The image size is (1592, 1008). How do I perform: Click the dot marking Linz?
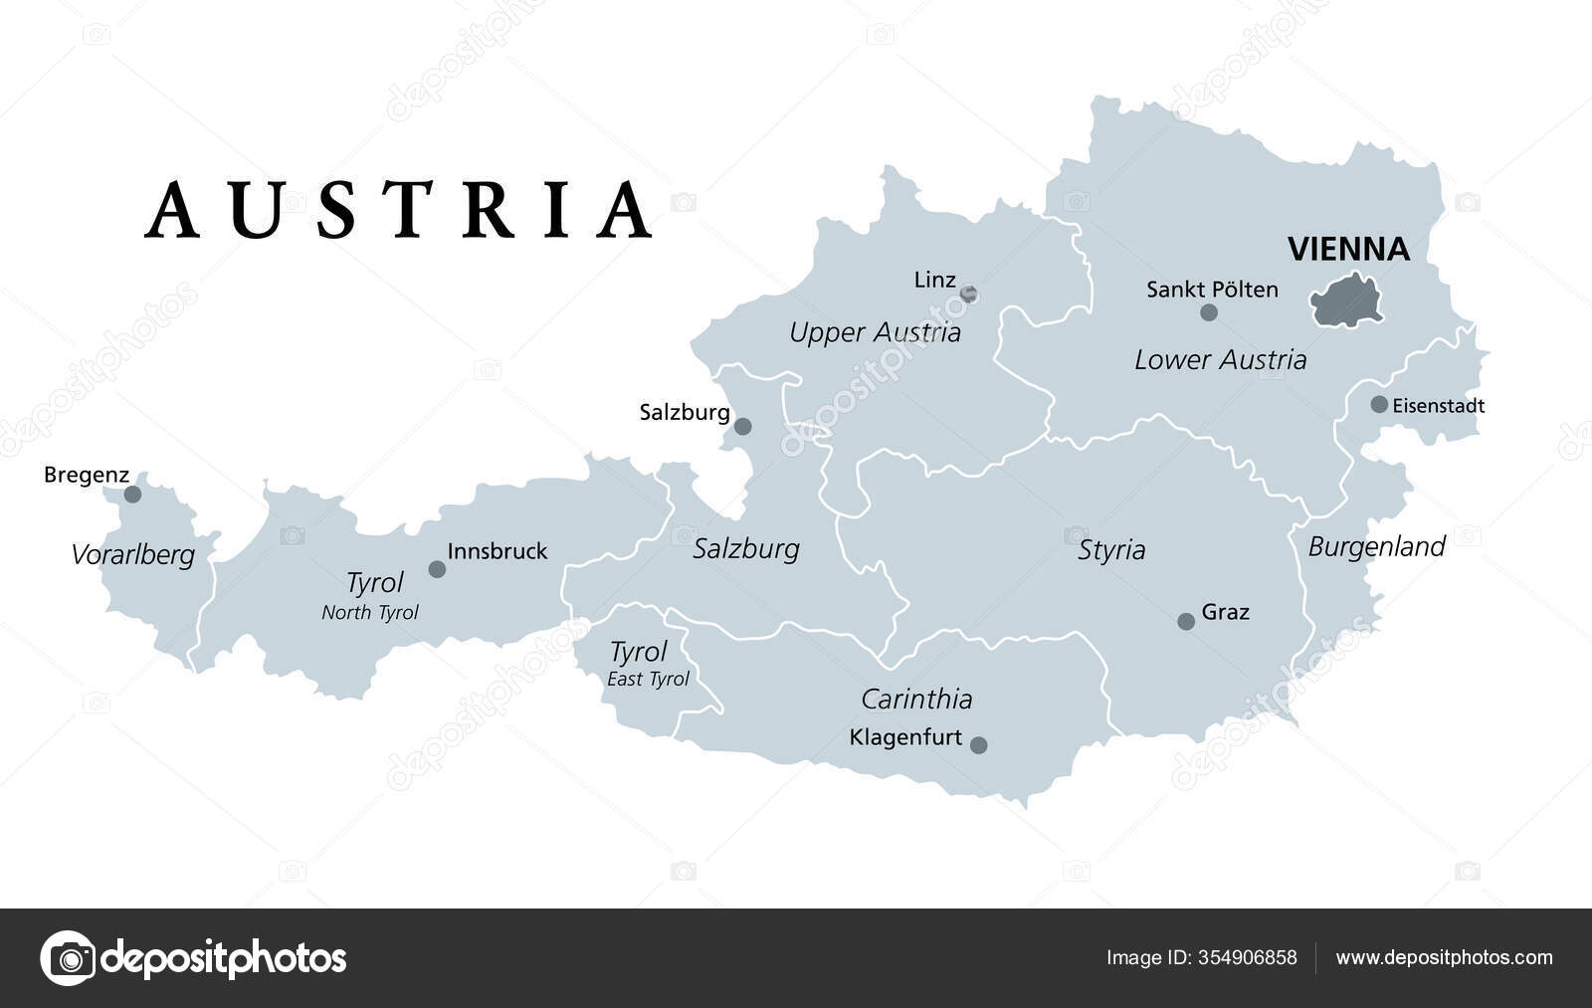968,294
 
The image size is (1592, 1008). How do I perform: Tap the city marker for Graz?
1186,621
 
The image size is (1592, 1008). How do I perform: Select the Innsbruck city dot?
437,569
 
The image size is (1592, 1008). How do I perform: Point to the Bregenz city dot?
132,494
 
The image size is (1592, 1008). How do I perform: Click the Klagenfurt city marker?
979,744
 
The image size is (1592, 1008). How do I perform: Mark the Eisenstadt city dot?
1379,404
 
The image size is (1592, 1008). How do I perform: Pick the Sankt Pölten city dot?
1209,312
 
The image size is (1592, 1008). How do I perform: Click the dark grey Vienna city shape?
1346,300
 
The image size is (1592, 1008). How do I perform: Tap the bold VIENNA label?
1348,249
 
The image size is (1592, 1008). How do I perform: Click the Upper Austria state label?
875,332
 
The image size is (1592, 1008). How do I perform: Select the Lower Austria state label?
1220,359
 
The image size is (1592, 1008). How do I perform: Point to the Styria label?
1111,549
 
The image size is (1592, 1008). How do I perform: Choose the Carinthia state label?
916,699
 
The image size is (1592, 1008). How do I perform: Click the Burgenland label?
1376,546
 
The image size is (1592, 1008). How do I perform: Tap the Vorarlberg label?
132,554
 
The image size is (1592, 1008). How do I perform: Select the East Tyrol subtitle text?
648,679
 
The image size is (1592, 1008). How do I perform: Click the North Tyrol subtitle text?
370,612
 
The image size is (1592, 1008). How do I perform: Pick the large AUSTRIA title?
399,210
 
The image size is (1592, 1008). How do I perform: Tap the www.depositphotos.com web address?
1444,957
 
